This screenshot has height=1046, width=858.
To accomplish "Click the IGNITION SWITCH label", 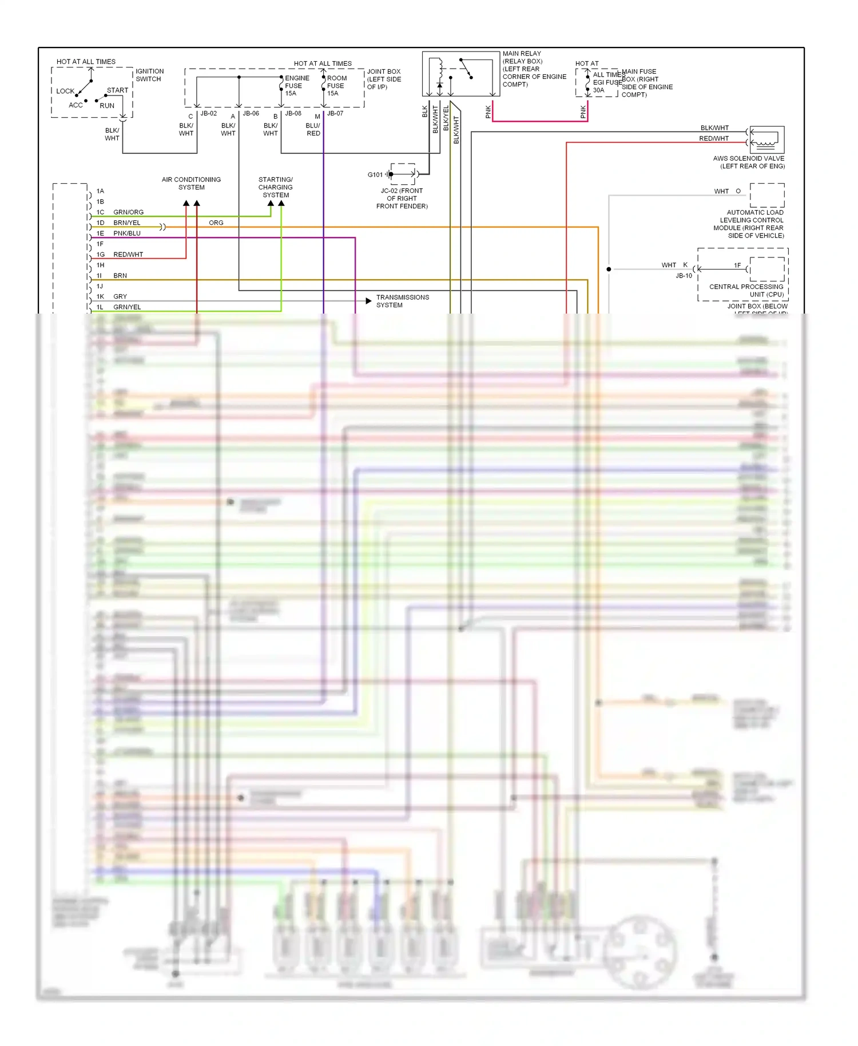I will pos(149,75).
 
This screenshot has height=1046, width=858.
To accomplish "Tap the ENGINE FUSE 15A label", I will pos(296,86).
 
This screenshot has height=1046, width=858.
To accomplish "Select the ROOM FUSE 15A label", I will pos(336,86).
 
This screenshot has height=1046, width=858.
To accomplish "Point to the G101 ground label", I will pos(375,175).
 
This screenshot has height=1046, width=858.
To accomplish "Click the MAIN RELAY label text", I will pos(522,54).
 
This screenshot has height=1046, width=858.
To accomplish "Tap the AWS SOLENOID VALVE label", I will pos(749,162).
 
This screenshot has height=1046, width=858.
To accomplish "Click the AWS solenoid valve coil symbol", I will pos(766,140).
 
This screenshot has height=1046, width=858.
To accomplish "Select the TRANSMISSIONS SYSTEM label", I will pos(402,301).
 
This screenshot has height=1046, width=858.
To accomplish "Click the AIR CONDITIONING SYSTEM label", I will pos(191,183).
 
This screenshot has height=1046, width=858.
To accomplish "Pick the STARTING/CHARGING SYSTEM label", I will pos(276,187).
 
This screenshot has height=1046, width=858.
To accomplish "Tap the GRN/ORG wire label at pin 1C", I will pos(128,212).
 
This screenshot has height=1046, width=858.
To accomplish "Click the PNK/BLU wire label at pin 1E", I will pos(127,233).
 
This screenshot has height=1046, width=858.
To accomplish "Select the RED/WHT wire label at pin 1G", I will pos(128,255).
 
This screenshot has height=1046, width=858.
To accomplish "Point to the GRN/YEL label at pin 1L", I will pos(127,307).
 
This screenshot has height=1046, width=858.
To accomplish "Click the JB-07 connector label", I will pos(335,113).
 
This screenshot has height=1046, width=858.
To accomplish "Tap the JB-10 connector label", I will pos(684,276).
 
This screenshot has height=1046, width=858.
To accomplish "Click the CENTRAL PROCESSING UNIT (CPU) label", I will pos(746,291).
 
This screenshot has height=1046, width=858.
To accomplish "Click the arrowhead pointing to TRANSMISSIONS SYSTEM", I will pos(368,301).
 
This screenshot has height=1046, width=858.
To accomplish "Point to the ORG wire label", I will pos(216,223).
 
